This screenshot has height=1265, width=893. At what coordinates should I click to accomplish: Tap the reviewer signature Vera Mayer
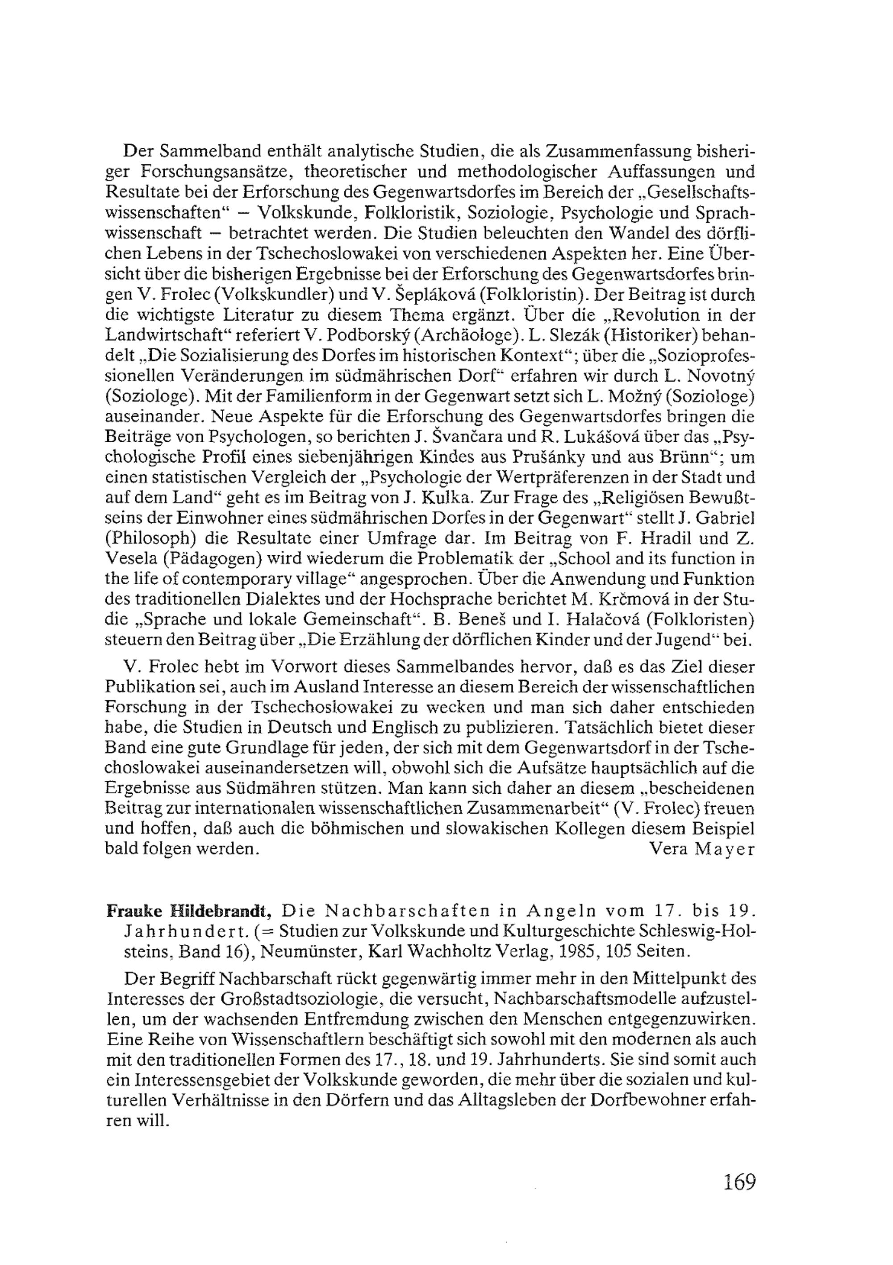click(x=702, y=849)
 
